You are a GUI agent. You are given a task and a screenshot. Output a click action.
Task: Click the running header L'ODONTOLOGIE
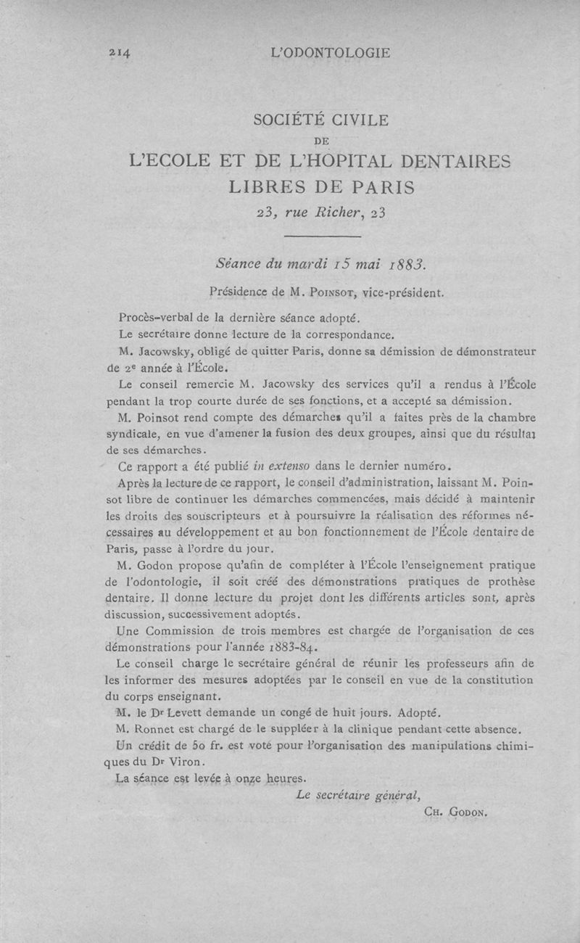(330, 52)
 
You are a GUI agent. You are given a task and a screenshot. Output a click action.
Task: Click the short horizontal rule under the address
(322, 236)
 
